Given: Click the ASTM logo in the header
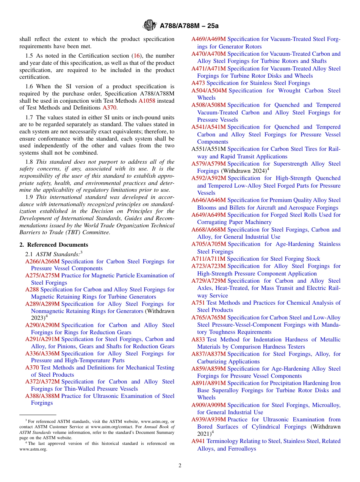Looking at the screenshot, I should coord(149,25).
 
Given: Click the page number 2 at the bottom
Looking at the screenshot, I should coord(180,466).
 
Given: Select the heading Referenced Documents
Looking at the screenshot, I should coord(57,245).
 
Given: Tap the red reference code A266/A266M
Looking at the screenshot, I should coord(42,261).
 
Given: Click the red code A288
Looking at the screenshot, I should coord(32,290).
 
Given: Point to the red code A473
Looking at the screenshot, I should coord(198,83).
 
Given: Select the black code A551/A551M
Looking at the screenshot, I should coord(208,149).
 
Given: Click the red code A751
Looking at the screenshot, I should coord(198,303).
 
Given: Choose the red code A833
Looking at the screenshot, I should coord(198,340).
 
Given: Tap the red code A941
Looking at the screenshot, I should coord(198,441).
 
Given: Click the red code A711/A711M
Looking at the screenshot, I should coord(208,259).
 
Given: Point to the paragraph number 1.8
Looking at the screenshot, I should coord(29,162).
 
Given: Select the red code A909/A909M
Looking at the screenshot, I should coord(208,405).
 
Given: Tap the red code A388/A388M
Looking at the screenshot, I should coord(42,396).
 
